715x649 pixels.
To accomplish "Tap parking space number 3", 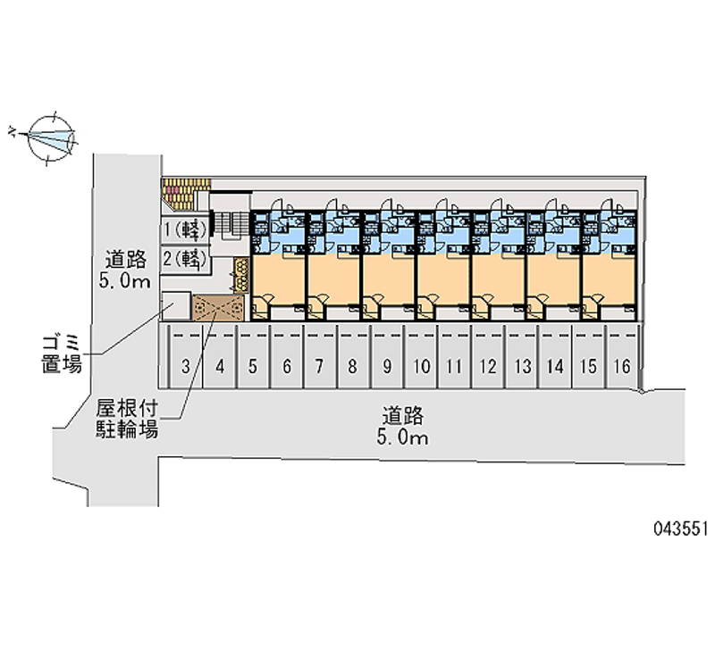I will pyautogui.click(x=185, y=364).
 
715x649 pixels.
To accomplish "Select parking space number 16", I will pyautogui.click(x=623, y=364).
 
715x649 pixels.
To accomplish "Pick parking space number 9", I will pyautogui.click(x=387, y=364).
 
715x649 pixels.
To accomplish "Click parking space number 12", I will pyautogui.click(x=488, y=364).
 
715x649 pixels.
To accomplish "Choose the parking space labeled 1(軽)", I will pyautogui.click(x=185, y=229).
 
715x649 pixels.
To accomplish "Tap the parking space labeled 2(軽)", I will pyautogui.click(x=185, y=259).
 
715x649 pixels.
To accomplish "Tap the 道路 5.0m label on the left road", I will pyautogui.click(x=126, y=270).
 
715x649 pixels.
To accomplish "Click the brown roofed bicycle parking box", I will pyautogui.click(x=218, y=308).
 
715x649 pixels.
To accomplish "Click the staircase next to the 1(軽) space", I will pyautogui.click(x=229, y=227).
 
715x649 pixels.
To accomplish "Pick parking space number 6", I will pyautogui.click(x=286, y=364).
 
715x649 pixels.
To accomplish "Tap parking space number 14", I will pyautogui.click(x=555, y=364).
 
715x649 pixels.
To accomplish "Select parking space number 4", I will pyautogui.click(x=219, y=364).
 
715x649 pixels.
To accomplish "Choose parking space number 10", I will pyautogui.click(x=421, y=364).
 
